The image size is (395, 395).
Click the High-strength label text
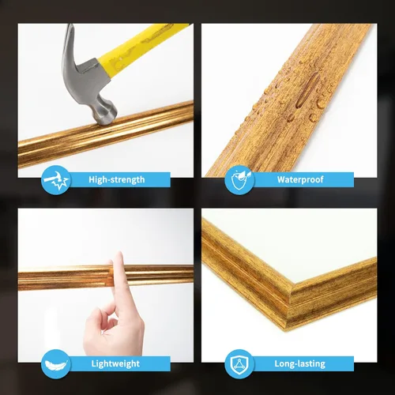point(117,179)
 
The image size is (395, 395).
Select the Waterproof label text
point(300,179)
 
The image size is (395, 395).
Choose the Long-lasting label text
point(300,363)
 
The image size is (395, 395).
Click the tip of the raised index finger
point(118,261)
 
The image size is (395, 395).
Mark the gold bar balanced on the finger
point(63,276)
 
